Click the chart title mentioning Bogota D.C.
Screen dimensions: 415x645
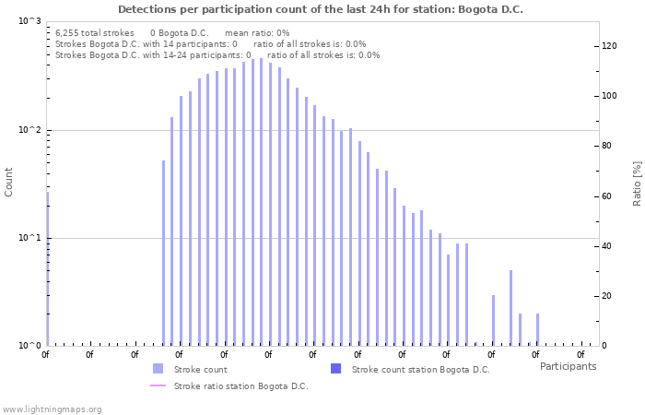click(x=320, y=9)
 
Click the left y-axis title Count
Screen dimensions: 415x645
click(x=9, y=182)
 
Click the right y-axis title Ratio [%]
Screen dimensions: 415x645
click(x=637, y=183)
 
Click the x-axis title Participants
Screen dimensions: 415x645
click(x=568, y=366)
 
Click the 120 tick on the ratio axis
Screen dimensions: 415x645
click(x=609, y=45)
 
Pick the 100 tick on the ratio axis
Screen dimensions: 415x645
click(x=609, y=96)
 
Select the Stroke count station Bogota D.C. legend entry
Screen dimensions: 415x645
click(x=420, y=369)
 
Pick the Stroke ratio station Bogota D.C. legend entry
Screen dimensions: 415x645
click(x=240, y=385)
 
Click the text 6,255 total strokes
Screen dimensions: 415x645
click(x=95, y=32)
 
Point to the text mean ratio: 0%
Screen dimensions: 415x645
click(x=257, y=32)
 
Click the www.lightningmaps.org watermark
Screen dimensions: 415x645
click(x=53, y=409)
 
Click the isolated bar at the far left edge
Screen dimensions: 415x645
click(x=47, y=267)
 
